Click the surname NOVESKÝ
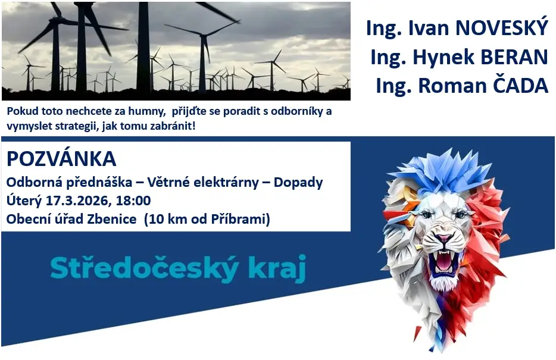[x=501, y=27]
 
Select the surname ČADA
[x=518, y=86]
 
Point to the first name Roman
[x=451, y=86]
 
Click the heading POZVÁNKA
[x=61, y=158]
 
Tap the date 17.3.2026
[x=79, y=201]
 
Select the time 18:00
[x=133, y=201]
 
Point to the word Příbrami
[x=240, y=220]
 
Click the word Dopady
[x=298, y=183]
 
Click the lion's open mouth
[x=442, y=262]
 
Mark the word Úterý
[x=24, y=201]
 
